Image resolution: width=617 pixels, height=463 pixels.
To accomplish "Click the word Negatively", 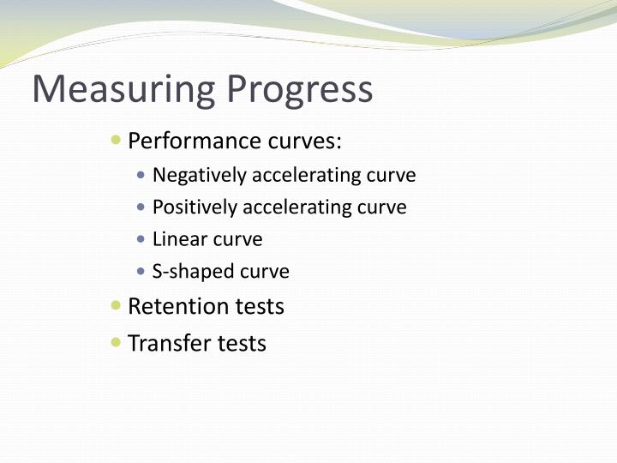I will [194, 175].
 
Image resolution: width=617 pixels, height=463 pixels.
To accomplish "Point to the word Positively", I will [195, 207].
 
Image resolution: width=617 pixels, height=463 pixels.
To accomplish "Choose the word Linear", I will [176, 239].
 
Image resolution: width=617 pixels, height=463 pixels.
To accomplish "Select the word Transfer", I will [169, 344].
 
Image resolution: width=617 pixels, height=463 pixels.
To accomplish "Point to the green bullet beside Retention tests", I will [117, 305].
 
